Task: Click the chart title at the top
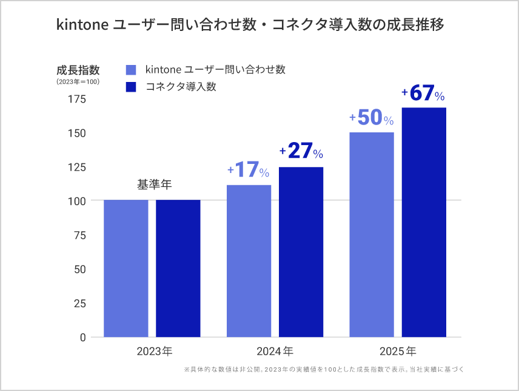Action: (250, 25)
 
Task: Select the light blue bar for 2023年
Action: (126, 268)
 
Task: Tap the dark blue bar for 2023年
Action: (178, 268)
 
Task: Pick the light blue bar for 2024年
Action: (249, 261)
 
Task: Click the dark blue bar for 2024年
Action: (301, 252)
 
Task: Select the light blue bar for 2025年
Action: (372, 234)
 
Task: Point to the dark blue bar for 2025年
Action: (424, 222)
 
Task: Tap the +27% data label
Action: (301, 151)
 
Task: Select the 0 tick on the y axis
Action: (83, 337)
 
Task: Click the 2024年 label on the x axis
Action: (275, 352)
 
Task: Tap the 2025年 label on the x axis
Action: (398, 352)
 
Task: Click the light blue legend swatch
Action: (130, 70)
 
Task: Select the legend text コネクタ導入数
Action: (181, 87)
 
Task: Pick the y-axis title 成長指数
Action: (78, 69)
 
